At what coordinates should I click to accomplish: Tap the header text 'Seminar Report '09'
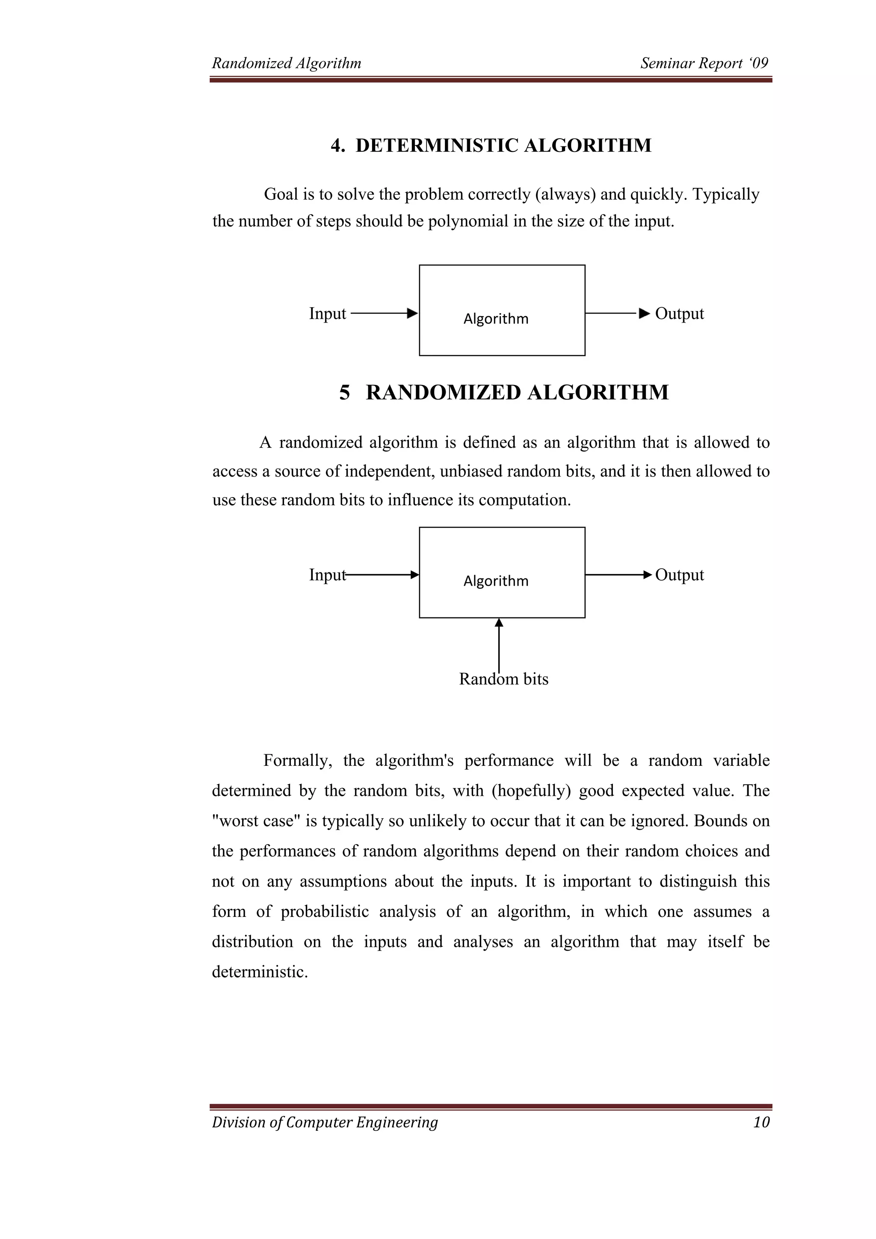coord(704,63)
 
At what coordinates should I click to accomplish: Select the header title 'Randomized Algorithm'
coord(287,63)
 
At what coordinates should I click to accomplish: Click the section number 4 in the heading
coord(337,146)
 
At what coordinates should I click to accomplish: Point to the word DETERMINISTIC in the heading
coord(437,146)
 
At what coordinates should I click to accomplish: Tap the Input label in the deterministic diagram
coord(327,314)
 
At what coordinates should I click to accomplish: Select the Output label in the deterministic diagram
coord(679,314)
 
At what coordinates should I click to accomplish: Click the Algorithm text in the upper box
coord(496,319)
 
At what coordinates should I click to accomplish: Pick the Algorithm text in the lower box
coord(496,581)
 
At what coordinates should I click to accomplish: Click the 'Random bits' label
coord(503,679)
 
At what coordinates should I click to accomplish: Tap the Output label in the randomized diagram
coord(679,575)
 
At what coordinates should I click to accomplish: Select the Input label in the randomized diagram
coord(327,575)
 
